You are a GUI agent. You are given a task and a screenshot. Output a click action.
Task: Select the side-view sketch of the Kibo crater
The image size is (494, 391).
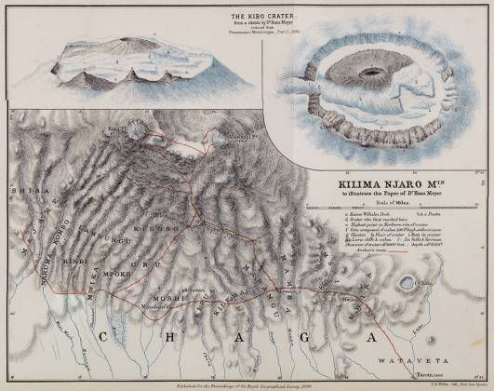(130, 68)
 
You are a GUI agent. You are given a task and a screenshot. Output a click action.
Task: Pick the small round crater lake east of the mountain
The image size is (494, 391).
(407, 283)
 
